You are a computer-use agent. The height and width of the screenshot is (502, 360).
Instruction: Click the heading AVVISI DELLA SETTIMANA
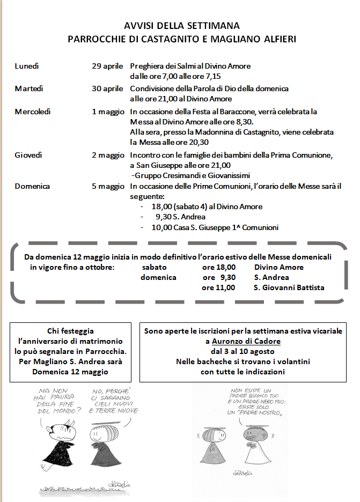[182, 25]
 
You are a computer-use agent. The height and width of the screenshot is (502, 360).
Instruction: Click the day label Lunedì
[27, 66]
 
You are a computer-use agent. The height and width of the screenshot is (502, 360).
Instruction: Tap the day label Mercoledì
[33, 112]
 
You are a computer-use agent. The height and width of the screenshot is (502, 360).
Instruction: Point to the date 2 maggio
[108, 155]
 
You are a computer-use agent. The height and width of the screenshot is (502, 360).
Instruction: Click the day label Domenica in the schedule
[32, 186]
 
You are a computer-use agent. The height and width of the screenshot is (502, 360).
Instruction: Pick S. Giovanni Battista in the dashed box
[289, 287]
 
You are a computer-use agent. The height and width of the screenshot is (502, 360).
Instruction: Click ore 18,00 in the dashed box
[218, 267]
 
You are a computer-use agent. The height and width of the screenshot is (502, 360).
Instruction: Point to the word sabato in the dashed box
[155, 267]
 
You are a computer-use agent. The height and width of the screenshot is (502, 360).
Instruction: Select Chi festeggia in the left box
[70, 331]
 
